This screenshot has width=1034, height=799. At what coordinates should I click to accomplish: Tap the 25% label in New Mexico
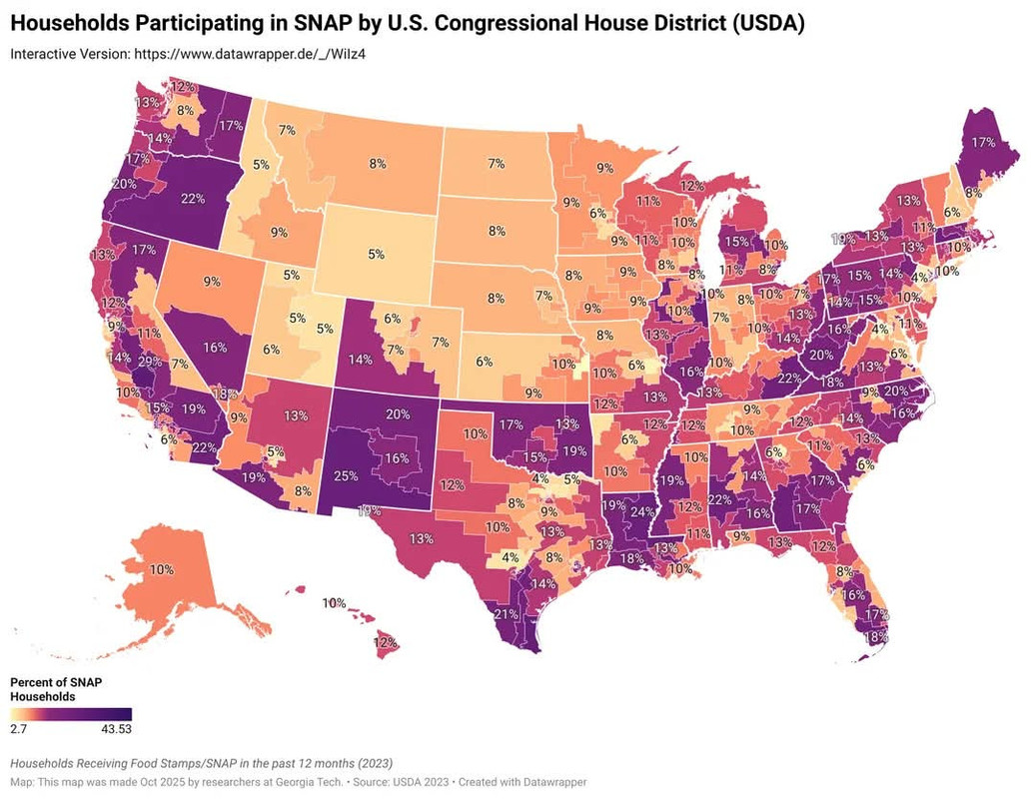(x=347, y=475)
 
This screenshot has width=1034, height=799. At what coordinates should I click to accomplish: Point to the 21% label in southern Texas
(x=506, y=614)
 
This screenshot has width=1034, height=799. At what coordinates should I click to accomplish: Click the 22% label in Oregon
(x=193, y=199)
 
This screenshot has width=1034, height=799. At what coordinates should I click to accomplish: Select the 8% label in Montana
(x=378, y=163)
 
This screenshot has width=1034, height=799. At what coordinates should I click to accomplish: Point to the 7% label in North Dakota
(x=496, y=162)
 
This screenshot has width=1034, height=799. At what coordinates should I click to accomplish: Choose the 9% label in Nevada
(x=211, y=282)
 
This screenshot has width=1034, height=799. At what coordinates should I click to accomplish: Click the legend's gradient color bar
(x=70, y=713)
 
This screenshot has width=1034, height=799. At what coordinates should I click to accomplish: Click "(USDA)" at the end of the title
(x=769, y=22)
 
